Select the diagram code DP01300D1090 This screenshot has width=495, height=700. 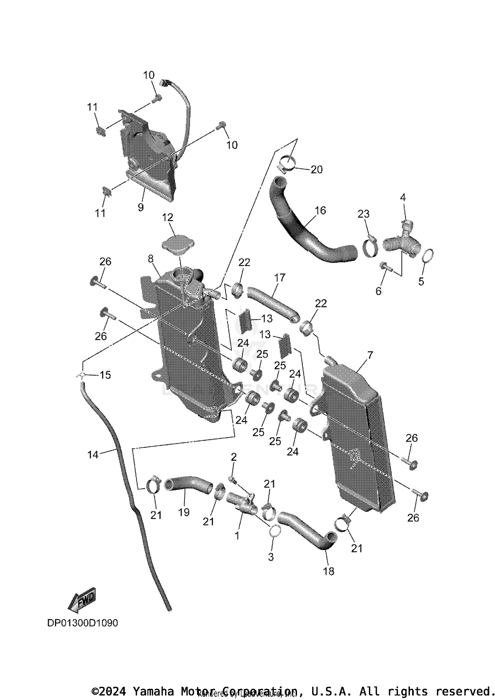coord(82,623)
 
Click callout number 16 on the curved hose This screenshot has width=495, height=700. coord(320,210)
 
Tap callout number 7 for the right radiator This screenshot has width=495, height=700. coord(370,355)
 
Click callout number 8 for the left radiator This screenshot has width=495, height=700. coord(151,259)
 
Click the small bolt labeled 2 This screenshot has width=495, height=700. coord(232,480)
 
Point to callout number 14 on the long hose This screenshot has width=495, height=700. coord(93,455)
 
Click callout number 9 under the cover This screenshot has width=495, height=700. coord(141,208)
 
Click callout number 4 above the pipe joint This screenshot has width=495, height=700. coord(403,198)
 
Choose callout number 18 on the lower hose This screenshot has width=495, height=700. coord(329,571)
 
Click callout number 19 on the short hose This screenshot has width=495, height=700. coord(184,512)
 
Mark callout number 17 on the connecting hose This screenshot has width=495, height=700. coord(280,278)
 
